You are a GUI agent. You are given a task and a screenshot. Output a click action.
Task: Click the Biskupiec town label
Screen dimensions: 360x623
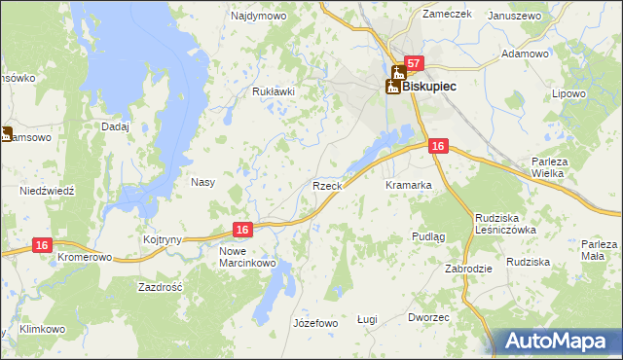tap(429, 86)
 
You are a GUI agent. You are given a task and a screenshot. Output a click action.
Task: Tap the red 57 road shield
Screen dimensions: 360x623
tap(414, 64)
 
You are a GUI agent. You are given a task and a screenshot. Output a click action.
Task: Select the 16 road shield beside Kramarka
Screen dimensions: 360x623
tap(437, 146)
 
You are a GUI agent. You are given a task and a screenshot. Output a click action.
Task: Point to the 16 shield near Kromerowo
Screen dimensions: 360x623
tap(41, 247)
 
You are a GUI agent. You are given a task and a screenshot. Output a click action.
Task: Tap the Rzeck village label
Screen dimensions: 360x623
tap(325, 185)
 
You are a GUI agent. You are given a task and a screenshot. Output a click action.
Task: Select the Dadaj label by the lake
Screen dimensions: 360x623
tap(115, 126)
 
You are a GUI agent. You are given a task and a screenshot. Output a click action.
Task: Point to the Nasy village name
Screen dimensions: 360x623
tap(202, 182)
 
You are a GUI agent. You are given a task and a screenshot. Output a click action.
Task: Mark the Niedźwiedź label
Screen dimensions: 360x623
tap(47, 192)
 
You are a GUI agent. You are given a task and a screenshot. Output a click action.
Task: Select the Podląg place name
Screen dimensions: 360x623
tap(428, 236)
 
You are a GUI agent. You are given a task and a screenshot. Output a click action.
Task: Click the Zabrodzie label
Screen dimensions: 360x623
tap(468, 269)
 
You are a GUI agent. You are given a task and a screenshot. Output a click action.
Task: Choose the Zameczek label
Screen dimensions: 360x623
tap(447, 14)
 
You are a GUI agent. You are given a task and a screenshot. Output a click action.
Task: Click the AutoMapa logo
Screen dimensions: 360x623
tap(556, 341)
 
